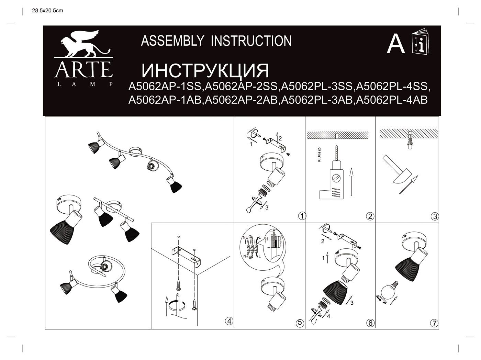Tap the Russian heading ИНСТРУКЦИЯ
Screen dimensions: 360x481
click(205, 70)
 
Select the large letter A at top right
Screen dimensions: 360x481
click(395, 45)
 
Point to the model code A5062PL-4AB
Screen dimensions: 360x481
click(392, 100)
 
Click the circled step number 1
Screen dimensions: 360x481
click(302, 216)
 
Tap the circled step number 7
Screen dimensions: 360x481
click(435, 323)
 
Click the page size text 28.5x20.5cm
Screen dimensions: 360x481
click(48, 11)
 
